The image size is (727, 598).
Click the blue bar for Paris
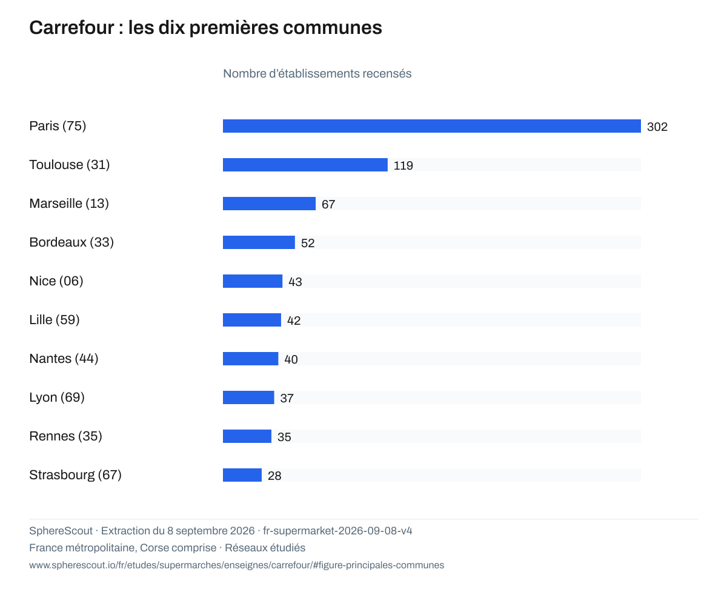pos(431,126)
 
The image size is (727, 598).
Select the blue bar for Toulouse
pos(305,165)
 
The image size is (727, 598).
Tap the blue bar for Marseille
pos(269,204)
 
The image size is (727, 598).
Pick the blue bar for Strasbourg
pos(242,475)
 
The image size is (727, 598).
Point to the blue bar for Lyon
pos(248,397)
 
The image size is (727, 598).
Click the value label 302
pos(657,127)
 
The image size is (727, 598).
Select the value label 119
pos(403,166)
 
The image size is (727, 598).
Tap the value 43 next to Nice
pos(295,282)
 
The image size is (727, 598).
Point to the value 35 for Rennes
pos(284,437)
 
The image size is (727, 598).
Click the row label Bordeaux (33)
pos(71,242)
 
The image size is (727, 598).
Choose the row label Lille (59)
pos(55,320)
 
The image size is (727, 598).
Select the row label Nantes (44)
pos(64,359)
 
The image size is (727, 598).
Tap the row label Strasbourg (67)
pos(76,475)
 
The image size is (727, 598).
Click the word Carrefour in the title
pos(71,28)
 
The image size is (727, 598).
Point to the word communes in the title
pos(333,28)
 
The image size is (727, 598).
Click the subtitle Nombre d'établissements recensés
pos(317,73)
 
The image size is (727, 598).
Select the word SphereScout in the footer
pos(61,531)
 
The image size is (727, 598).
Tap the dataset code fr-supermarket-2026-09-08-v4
pos(337,531)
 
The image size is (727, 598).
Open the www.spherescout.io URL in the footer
pos(236,565)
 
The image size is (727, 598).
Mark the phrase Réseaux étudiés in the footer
pos(265,548)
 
